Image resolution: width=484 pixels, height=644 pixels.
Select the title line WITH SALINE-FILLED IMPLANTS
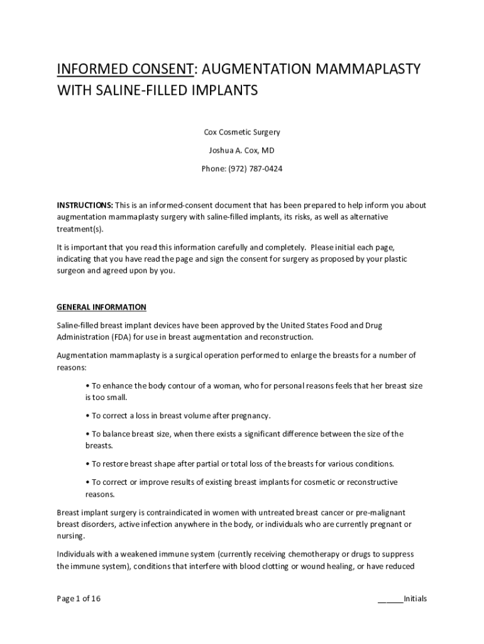[x=158, y=91]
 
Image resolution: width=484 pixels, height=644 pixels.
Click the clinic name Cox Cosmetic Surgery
[x=242, y=132]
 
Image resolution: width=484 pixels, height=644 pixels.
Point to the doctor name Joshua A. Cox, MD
[x=242, y=150]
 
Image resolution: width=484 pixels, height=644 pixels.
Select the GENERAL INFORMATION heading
[x=101, y=307]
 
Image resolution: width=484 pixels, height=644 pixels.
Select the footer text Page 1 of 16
[x=79, y=598]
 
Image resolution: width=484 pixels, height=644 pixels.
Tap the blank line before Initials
[x=390, y=598]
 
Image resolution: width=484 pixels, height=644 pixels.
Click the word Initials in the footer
[x=415, y=598]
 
